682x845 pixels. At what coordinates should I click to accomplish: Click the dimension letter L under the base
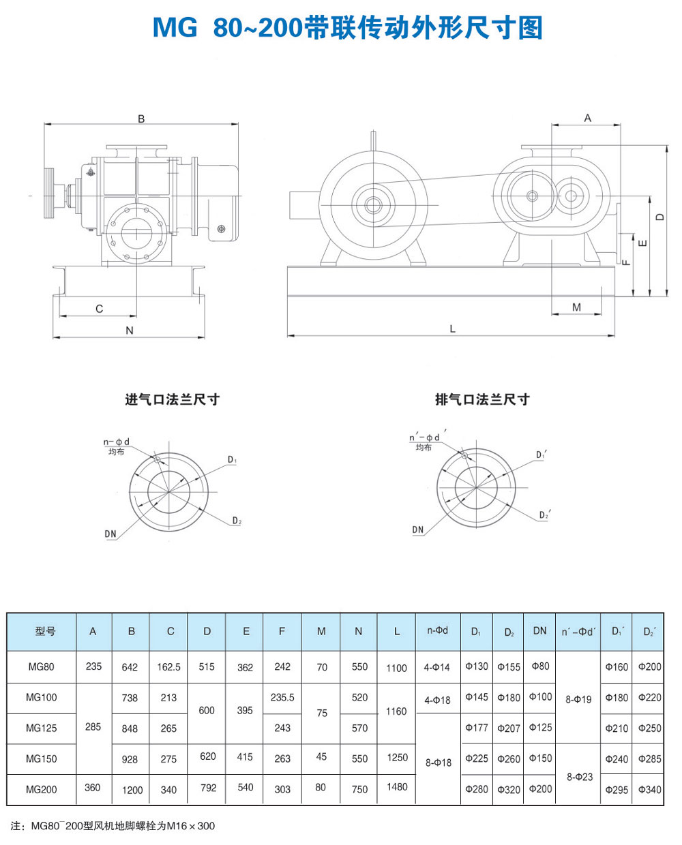pyautogui.click(x=452, y=328)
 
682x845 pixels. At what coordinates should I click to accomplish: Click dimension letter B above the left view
pyautogui.click(x=141, y=119)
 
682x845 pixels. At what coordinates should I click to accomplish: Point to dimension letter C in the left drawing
pyautogui.click(x=99, y=309)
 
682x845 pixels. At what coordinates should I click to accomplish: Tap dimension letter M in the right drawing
pyautogui.click(x=576, y=307)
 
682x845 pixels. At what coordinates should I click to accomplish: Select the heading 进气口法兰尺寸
pyautogui.click(x=172, y=399)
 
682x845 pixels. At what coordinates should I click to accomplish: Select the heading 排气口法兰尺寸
pyautogui.click(x=482, y=399)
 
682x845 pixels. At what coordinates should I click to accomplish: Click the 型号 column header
pyautogui.click(x=45, y=631)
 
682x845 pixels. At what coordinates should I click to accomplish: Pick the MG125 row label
pyautogui.click(x=42, y=728)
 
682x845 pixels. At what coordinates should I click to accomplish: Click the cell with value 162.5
pyautogui.click(x=168, y=667)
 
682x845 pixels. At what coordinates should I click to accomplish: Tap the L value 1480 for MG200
pyautogui.click(x=397, y=787)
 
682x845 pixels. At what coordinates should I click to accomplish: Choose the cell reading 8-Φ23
pyautogui.click(x=580, y=776)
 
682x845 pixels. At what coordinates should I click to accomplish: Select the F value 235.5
pyautogui.click(x=282, y=697)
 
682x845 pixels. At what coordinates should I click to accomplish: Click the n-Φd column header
pyautogui.click(x=437, y=630)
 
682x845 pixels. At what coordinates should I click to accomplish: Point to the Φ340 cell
pyautogui.click(x=649, y=789)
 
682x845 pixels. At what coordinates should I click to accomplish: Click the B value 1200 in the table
pyautogui.click(x=132, y=790)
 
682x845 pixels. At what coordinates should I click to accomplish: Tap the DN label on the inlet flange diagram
pyautogui.click(x=110, y=534)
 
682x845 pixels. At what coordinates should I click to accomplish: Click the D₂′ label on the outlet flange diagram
pyautogui.click(x=544, y=515)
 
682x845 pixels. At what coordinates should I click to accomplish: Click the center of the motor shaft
pyautogui.click(x=373, y=204)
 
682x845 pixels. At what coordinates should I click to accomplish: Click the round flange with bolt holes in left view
pyautogui.click(x=136, y=231)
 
